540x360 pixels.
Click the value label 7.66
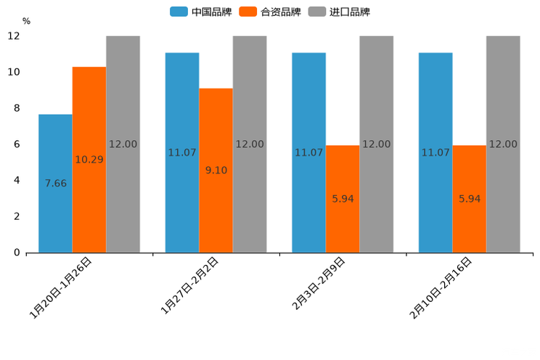56,184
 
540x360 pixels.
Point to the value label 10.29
89,160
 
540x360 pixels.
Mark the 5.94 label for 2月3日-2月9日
343,199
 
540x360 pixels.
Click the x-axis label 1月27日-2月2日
190,286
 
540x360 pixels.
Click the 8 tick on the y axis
15,108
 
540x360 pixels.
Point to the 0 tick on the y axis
15,253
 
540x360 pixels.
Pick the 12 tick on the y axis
14,36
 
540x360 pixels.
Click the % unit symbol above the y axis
26,21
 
